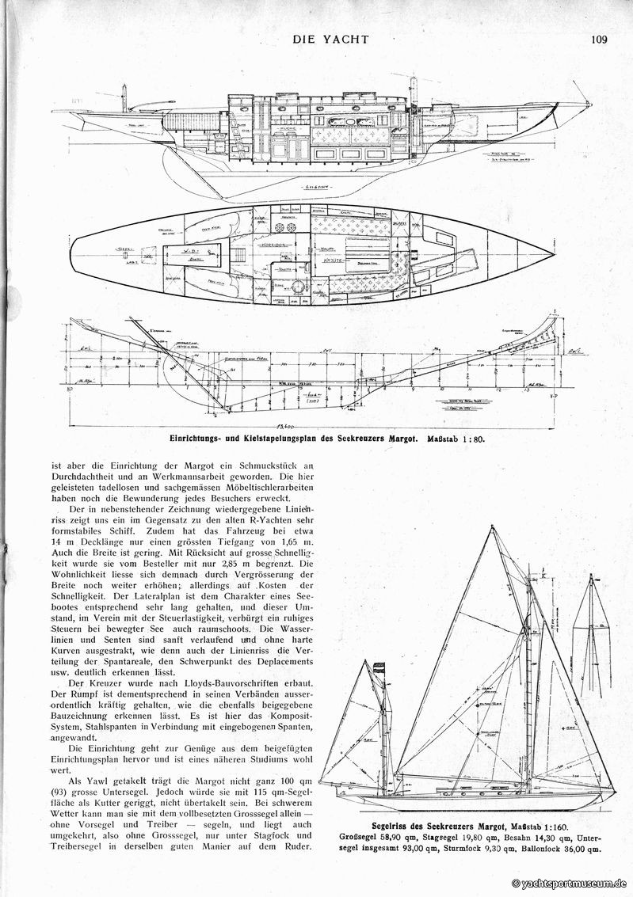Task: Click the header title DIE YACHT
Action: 331,37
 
